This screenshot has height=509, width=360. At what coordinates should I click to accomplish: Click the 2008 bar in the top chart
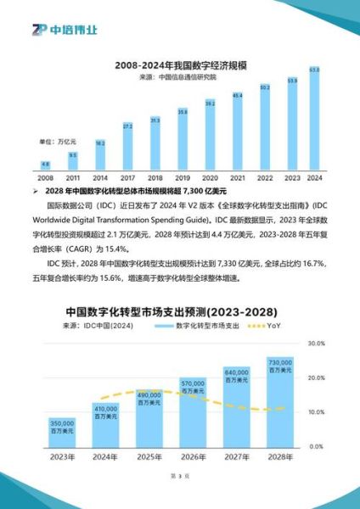[45, 166]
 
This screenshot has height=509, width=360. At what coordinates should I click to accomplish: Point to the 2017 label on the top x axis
[127, 178]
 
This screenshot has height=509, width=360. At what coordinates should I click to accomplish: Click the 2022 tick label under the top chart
[264, 178]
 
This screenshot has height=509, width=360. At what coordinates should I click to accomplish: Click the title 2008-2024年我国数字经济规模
[180, 64]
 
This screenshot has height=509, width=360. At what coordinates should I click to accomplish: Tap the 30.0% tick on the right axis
[315, 344]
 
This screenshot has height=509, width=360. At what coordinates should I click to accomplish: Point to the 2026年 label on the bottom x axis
[194, 459]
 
